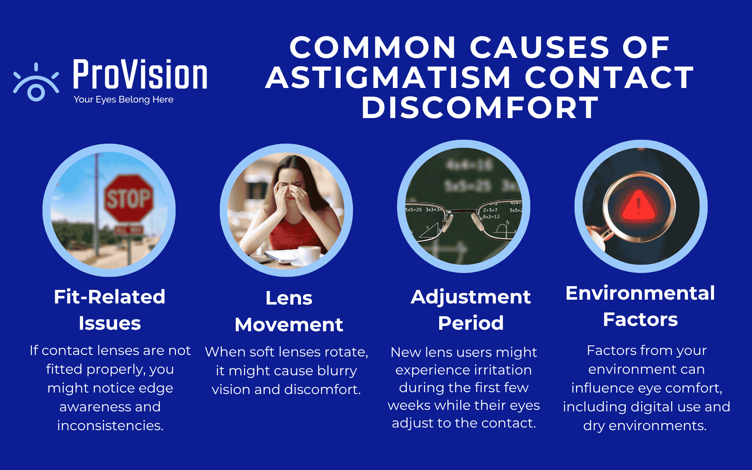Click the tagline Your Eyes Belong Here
point(123,100)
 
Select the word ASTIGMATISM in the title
point(388,77)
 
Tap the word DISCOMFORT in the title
point(480,108)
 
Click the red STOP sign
point(129,198)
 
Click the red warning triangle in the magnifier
point(638,206)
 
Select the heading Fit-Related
point(109,297)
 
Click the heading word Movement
point(289,324)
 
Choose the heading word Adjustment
point(470,297)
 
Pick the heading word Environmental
point(640,293)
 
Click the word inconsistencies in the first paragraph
point(110,426)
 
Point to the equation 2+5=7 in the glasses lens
point(490,210)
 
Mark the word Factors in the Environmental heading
point(640,320)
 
